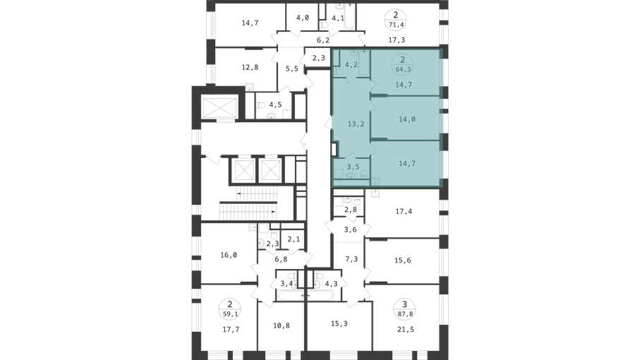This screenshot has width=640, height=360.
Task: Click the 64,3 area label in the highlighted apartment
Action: click(403, 69)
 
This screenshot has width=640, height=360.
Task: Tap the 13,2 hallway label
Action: click(356, 124)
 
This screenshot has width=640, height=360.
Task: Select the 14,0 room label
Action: click(407, 119)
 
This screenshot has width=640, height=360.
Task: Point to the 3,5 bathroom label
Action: click(353, 167)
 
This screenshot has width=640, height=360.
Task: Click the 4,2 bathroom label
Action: click(351, 64)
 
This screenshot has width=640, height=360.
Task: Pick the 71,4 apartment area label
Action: click(396, 25)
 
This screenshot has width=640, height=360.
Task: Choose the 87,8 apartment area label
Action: click(404, 314)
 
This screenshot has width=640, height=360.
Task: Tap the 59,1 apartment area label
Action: click(230, 314)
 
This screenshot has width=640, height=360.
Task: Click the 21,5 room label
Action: click(405, 330)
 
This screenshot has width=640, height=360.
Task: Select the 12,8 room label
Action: click(250, 67)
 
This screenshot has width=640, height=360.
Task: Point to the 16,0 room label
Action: click(229, 255)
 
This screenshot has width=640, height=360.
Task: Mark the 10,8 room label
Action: click(282, 325)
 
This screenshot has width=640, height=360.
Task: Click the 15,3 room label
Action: click(339, 324)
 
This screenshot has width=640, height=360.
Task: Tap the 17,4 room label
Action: click(404, 212)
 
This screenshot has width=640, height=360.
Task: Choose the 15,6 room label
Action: click(402, 260)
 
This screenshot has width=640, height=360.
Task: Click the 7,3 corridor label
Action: click(351, 259)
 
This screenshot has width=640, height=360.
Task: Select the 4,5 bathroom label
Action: click(275, 105)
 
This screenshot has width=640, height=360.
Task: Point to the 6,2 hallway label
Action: click(323, 40)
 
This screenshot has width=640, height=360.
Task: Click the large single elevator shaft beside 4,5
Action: click(220, 107)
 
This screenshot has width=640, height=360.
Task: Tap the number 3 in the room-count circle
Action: click(404, 304)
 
